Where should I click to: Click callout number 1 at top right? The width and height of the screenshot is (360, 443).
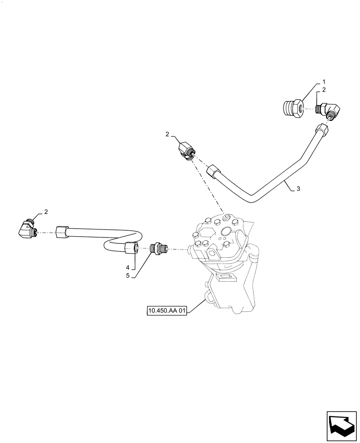[x=324, y=82]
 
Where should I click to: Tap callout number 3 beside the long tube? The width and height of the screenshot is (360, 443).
[x=298, y=189]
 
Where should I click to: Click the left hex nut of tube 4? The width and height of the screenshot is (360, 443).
[x=62, y=231]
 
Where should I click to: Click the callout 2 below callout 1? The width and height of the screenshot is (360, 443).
[x=324, y=89]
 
